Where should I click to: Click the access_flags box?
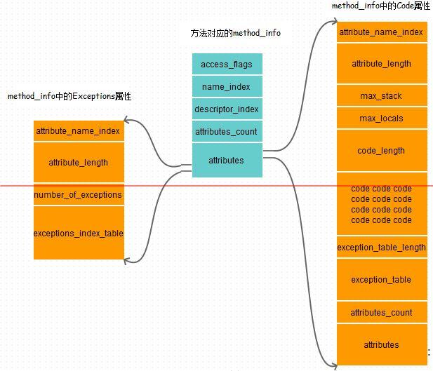click(227, 65)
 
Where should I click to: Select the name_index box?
click(227, 87)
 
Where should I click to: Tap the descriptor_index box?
click(227, 109)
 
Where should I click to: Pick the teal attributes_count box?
click(227, 131)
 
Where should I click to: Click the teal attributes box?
click(227, 160)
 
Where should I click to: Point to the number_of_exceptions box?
click(78, 195)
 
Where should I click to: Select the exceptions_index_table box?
click(78, 233)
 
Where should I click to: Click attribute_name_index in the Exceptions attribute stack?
click(78, 131)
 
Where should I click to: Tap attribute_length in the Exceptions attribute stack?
click(78, 162)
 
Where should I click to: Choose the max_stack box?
click(381, 95)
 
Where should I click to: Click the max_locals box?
click(381, 118)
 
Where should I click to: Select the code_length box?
click(381, 150)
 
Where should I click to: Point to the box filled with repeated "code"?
click(381, 204)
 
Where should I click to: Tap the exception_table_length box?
click(381, 248)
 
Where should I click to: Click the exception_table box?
click(381, 279)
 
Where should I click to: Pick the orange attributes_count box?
click(381, 313)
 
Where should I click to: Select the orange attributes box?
click(381, 344)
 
